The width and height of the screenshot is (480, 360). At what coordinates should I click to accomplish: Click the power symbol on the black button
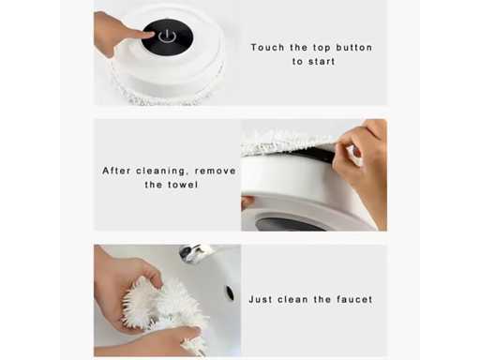tap(167, 37)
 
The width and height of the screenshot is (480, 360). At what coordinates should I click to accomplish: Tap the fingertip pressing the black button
tap(149, 35)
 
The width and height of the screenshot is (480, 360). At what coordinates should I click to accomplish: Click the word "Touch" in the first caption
tap(268, 48)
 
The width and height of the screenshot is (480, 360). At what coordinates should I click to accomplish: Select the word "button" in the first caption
tap(353, 48)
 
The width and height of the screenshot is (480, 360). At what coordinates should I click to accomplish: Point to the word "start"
tap(322, 62)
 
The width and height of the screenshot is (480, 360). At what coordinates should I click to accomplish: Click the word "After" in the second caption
tap(116, 171)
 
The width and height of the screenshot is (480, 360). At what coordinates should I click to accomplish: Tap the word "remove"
tap(216, 171)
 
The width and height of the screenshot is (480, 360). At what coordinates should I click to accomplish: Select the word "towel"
tap(183, 185)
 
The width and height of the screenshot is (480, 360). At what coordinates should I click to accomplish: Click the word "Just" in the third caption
tap(260, 299)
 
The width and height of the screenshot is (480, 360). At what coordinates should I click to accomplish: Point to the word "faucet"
tap(354, 299)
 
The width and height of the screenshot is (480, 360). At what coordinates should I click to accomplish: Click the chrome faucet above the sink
tap(194, 252)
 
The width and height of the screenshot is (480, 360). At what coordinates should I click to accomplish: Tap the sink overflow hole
tap(230, 293)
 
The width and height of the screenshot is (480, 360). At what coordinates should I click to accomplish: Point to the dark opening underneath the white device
tap(284, 222)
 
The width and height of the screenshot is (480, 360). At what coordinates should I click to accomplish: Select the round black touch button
tap(167, 37)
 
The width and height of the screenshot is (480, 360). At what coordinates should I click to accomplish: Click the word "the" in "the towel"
tap(154, 185)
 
